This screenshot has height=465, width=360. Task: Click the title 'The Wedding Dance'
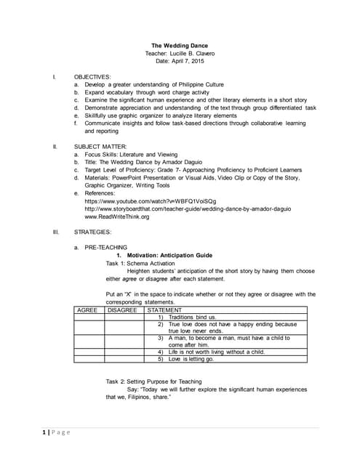point(179,46)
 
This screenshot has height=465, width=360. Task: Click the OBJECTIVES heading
point(92,76)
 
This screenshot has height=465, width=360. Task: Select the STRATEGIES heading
point(93,232)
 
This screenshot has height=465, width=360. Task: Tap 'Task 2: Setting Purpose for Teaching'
point(153,381)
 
